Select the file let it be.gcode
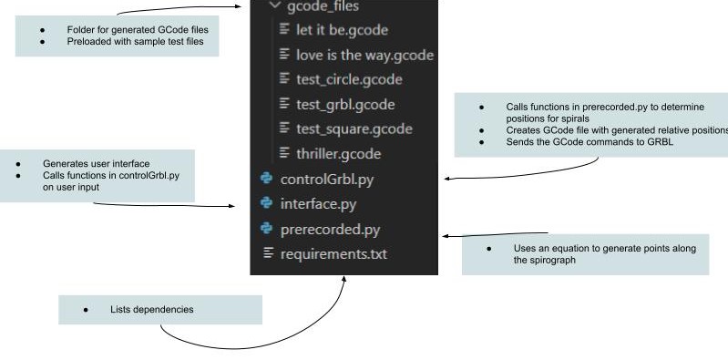click(x=342, y=30)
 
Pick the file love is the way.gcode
click(x=364, y=55)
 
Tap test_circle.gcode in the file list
click(x=349, y=79)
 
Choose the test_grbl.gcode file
click(x=345, y=104)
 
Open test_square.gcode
click(x=354, y=129)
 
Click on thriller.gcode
click(x=338, y=153)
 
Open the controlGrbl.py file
click(x=327, y=179)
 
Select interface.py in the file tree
click(x=318, y=203)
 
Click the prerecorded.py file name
click(x=330, y=229)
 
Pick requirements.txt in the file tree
click(x=333, y=253)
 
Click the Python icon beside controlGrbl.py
click(x=267, y=179)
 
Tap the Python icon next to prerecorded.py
click(x=267, y=229)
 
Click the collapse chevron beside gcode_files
click(x=274, y=6)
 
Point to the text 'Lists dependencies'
click(x=151, y=310)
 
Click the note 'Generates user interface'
click(x=96, y=163)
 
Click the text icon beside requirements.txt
click(x=268, y=253)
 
